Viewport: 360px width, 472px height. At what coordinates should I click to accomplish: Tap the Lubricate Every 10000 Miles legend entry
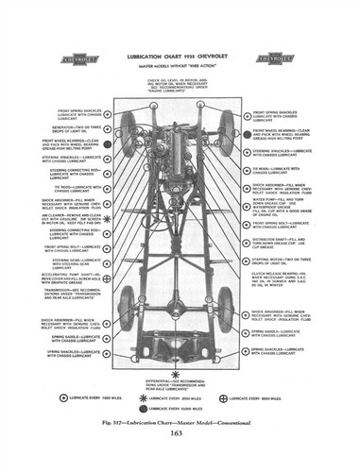pyautogui.click(x=180, y=408)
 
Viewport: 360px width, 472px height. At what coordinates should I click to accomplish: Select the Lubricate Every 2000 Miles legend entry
pyautogui.click(x=180, y=397)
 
